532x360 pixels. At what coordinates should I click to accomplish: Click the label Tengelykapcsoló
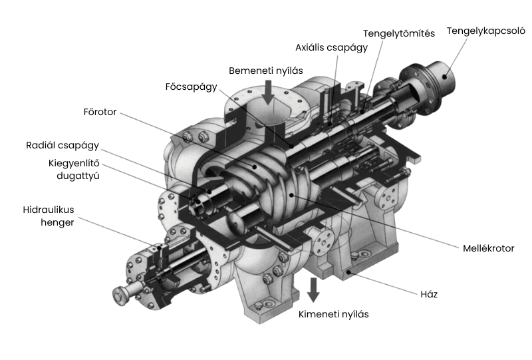[486, 31]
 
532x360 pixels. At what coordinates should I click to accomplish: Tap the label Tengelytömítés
[398, 34]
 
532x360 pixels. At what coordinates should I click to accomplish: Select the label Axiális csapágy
[331, 47]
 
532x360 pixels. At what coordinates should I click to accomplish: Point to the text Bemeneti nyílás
[265, 71]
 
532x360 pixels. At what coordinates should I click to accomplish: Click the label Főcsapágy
[191, 87]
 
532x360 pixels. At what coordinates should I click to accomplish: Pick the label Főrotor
[100, 112]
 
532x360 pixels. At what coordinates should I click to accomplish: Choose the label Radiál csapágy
[63, 146]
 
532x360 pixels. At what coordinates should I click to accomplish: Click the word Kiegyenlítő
[74, 163]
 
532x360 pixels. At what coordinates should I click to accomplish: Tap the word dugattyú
[78, 176]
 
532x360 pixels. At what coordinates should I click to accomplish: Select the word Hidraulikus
[48, 210]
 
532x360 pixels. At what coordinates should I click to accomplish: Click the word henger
[57, 223]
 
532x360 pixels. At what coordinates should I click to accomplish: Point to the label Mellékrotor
[488, 249]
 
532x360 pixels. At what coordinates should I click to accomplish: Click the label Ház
[429, 294]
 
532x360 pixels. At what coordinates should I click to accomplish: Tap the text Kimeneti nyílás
[333, 314]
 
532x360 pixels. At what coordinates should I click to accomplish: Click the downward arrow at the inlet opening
[268, 92]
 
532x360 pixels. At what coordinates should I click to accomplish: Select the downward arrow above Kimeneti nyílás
[313, 289]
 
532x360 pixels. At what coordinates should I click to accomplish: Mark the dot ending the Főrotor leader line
[254, 166]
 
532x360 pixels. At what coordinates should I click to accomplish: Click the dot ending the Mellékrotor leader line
[291, 195]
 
